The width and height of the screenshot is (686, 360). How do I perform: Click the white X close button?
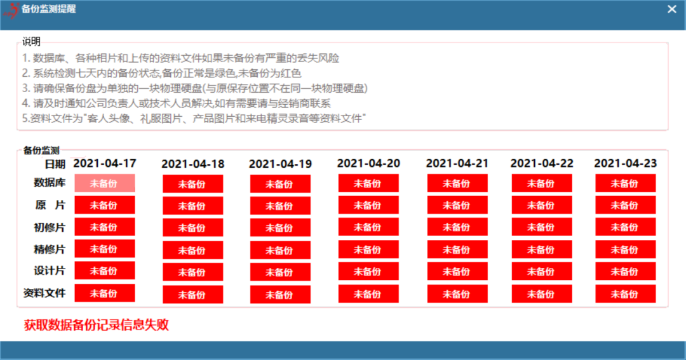click(672, 9)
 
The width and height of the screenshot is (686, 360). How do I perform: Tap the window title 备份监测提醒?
click(48, 9)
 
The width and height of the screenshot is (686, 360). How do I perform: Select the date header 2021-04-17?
click(105, 163)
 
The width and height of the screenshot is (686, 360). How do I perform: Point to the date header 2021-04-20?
click(368, 163)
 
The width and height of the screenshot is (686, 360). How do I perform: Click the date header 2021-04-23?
click(625, 163)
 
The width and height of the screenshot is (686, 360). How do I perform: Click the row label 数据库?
click(50, 182)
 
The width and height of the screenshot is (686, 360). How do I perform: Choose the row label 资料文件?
click(44, 293)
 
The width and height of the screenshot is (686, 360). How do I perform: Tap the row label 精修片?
click(50, 250)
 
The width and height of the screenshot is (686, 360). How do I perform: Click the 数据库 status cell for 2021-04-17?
click(105, 183)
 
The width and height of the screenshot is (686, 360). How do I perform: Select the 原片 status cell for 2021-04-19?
click(281, 206)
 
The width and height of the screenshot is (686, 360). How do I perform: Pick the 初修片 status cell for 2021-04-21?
click(457, 227)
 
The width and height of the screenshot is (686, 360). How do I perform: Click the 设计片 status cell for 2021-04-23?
click(625, 271)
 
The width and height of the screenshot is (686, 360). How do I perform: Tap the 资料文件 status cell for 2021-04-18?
click(193, 295)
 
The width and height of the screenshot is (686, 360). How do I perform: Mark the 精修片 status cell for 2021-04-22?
click(542, 250)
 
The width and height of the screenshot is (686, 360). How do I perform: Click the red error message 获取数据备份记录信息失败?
click(97, 324)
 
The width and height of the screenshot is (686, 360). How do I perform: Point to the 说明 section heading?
click(32, 41)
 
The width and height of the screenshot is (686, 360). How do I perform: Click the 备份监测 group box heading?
click(41, 150)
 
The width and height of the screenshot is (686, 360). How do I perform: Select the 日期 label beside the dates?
click(55, 164)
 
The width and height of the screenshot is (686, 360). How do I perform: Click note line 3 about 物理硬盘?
click(195, 88)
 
